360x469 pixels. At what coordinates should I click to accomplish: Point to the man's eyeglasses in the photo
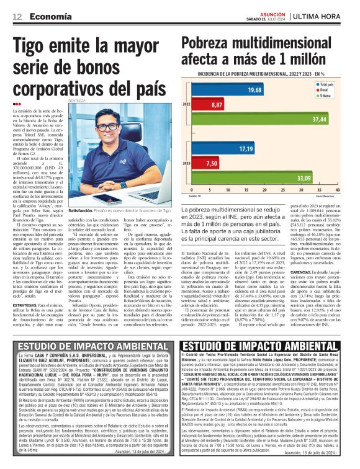click(x=109, y=127)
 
